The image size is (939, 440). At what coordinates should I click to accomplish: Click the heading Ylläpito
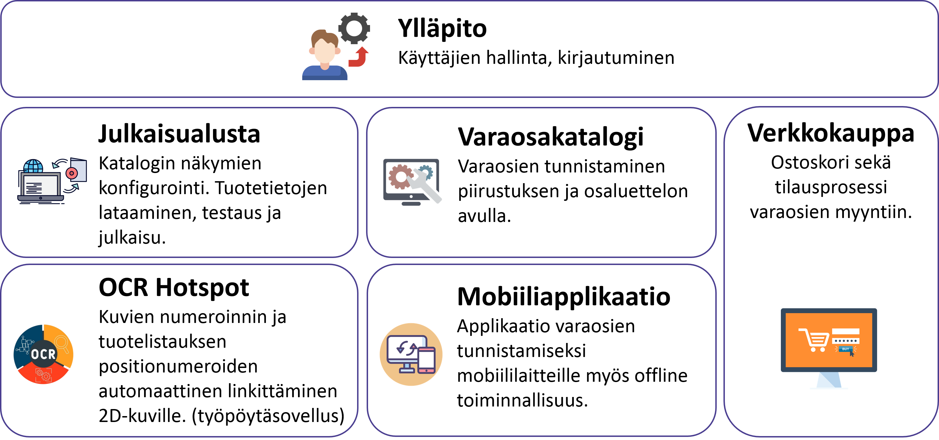click(442, 29)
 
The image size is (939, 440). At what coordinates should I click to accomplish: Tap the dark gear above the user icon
click(354, 28)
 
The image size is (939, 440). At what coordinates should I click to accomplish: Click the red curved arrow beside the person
click(359, 57)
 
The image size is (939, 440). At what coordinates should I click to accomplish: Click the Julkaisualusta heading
click(179, 134)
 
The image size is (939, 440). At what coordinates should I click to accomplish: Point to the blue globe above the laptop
click(33, 167)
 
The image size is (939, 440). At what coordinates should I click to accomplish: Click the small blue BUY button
click(845, 349)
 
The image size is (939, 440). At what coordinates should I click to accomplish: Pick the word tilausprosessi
click(831, 187)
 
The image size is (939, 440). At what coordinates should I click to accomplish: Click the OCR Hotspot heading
click(174, 288)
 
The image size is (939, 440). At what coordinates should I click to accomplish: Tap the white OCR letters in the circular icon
click(43, 354)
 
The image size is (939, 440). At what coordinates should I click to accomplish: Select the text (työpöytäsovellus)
click(268, 416)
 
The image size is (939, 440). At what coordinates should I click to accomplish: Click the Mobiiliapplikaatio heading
click(564, 297)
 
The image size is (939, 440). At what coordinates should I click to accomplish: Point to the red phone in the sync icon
click(427, 360)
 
